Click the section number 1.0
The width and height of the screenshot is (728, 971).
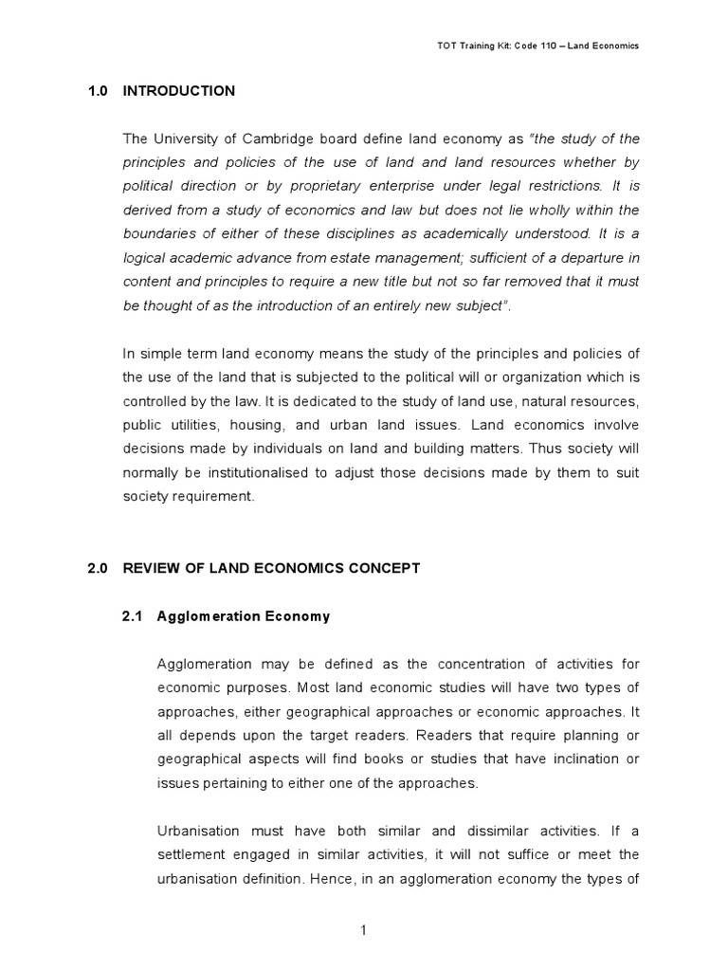pos(99,91)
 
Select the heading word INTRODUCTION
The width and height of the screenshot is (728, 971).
pos(179,91)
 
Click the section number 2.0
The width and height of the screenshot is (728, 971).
pos(99,568)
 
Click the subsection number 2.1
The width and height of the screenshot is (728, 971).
pos(132,616)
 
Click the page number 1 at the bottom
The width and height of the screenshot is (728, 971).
pos(363,930)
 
